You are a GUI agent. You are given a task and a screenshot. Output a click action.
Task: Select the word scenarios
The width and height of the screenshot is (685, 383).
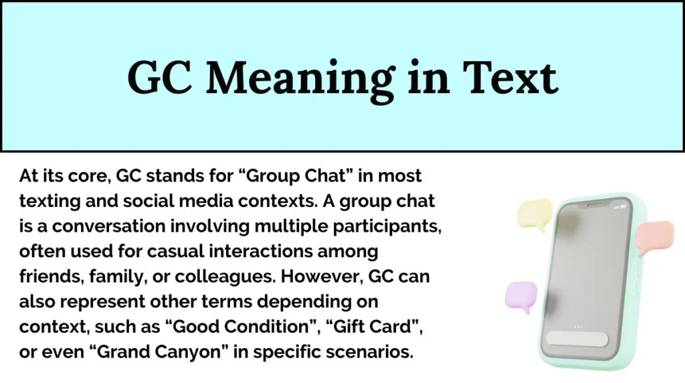click(376, 351)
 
